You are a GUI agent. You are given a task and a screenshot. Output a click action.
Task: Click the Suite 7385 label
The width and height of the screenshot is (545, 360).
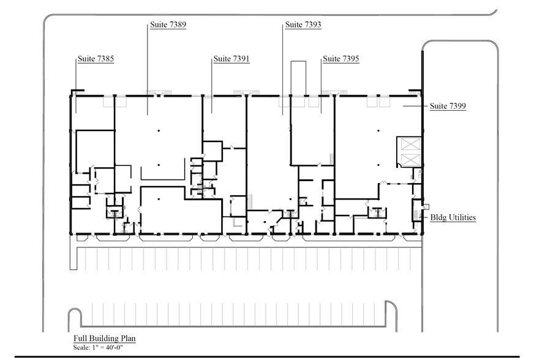[96, 59]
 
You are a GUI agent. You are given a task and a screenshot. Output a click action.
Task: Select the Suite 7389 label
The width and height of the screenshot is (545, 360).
[168, 24]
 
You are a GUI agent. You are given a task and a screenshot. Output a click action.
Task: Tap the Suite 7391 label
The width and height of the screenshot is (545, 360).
[231, 59]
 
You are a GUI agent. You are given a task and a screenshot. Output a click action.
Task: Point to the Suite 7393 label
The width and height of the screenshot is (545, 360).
[303, 24]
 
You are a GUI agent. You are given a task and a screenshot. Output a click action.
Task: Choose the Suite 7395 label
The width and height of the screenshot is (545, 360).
[341, 59]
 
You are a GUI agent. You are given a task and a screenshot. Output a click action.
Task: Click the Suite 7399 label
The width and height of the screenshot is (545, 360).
[448, 106]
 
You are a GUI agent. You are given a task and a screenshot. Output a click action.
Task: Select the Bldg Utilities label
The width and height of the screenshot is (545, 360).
[453, 217]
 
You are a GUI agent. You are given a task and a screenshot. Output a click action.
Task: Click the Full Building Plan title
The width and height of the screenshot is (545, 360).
[105, 339]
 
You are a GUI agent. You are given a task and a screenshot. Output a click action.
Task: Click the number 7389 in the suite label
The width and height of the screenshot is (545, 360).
[178, 24]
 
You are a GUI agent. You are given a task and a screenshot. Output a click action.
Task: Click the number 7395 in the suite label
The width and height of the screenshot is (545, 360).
[350, 59]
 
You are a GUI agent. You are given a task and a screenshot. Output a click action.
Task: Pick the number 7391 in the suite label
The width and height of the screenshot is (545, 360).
[241, 59]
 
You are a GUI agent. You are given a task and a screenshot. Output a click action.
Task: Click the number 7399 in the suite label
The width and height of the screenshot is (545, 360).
[457, 106]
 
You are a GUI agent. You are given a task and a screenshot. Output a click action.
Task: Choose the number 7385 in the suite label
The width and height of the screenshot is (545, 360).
[105, 59]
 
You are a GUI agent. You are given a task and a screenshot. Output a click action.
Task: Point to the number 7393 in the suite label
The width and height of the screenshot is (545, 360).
[313, 24]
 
